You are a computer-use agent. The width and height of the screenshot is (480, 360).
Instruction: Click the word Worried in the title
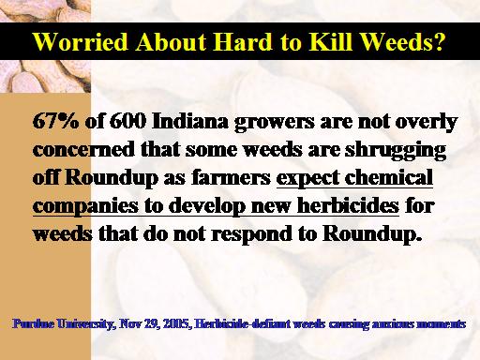81,41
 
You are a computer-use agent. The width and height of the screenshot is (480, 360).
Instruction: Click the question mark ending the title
438,41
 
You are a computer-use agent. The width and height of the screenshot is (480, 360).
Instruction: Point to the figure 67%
56,121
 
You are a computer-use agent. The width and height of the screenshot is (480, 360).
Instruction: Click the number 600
127,121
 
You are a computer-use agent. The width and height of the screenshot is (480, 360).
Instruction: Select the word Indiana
190,121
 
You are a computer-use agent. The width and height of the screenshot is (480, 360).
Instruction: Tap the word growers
275,123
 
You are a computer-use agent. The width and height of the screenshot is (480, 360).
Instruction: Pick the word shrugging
396,151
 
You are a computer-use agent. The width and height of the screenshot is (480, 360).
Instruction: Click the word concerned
83,149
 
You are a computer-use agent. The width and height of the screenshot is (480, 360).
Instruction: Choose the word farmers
231,177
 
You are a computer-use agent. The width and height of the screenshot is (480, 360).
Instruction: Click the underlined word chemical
389,177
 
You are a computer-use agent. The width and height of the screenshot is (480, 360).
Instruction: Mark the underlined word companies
85,207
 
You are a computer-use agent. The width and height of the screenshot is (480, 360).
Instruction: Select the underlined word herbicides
348,205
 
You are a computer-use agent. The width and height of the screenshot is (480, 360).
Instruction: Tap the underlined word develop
206,207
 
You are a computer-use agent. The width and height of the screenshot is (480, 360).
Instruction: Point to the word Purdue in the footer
33,324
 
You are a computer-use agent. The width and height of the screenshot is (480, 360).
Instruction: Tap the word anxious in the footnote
392,324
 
